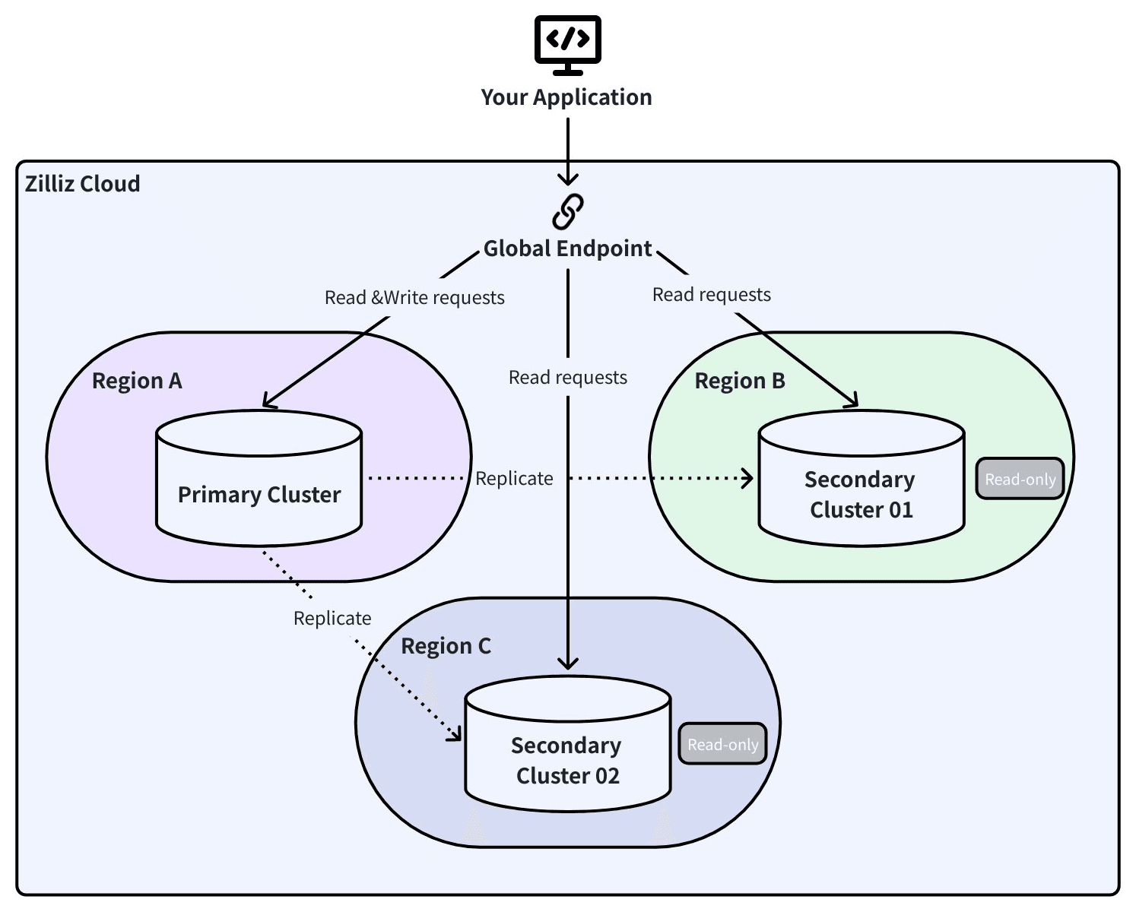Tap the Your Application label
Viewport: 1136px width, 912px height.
click(566, 97)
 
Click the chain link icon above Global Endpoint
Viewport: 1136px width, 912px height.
click(567, 211)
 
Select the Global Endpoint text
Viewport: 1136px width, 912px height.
click(567, 249)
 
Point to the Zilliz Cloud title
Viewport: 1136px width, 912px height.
click(82, 184)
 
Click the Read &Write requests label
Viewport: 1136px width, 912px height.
click(414, 298)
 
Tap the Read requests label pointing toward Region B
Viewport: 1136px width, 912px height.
click(712, 295)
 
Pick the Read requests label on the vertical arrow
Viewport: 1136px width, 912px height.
click(568, 378)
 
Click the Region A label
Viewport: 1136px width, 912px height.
click(137, 381)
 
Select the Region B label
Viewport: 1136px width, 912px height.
click(740, 381)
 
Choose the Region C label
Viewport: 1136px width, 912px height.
click(446, 646)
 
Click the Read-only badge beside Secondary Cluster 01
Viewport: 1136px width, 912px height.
click(1020, 480)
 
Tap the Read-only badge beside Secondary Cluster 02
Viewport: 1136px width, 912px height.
click(722, 745)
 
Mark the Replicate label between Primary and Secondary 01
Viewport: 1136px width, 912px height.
click(514, 479)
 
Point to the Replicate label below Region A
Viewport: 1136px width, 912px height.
click(332, 619)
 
